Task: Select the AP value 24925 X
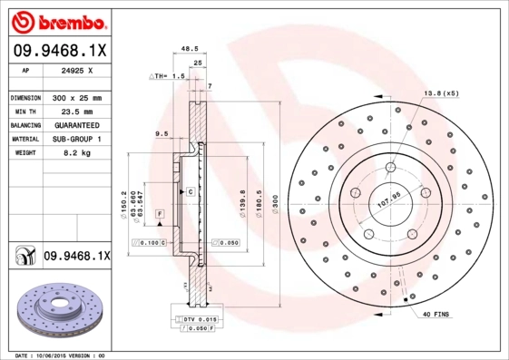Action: click(76, 69)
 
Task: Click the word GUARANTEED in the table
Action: click(76, 125)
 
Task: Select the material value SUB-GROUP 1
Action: click(76, 139)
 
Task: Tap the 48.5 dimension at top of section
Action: click(190, 50)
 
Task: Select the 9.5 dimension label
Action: click(163, 133)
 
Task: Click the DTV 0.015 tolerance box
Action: click(199, 319)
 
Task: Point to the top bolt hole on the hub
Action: click(390, 166)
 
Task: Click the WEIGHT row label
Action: click(25, 154)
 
